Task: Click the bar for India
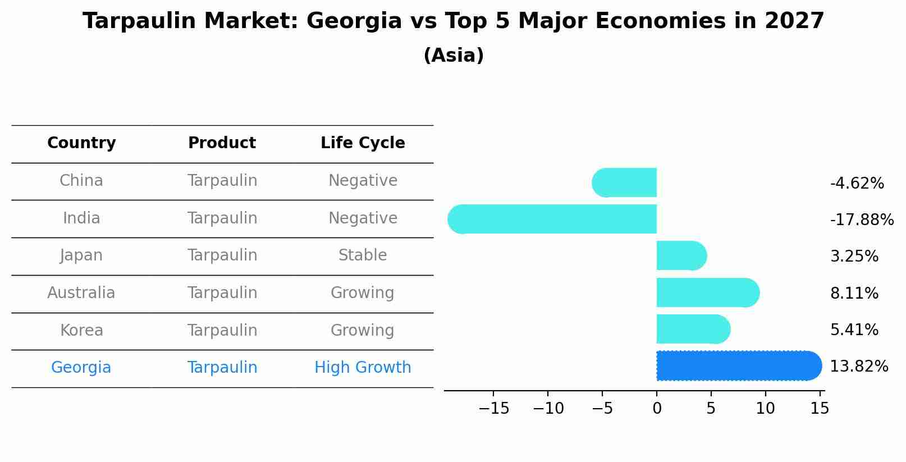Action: [553, 219]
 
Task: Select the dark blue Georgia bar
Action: [738, 365]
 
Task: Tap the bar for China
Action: [625, 182]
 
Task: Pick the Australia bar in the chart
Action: [707, 292]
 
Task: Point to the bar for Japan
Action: [681, 256]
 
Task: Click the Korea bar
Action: [693, 329]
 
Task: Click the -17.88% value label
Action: [862, 219]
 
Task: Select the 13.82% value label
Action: [859, 367]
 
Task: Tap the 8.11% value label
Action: [854, 293]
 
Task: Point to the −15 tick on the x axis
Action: [494, 409]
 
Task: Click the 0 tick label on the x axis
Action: [657, 409]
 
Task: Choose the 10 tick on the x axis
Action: [765, 409]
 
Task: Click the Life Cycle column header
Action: [363, 143]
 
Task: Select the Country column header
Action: [81, 143]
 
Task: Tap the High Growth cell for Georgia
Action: [363, 368]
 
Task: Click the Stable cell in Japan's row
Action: [363, 255]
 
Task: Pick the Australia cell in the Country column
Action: [81, 293]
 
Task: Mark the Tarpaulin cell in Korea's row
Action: [222, 330]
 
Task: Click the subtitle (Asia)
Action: [453, 56]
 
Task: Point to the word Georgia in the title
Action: [354, 21]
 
